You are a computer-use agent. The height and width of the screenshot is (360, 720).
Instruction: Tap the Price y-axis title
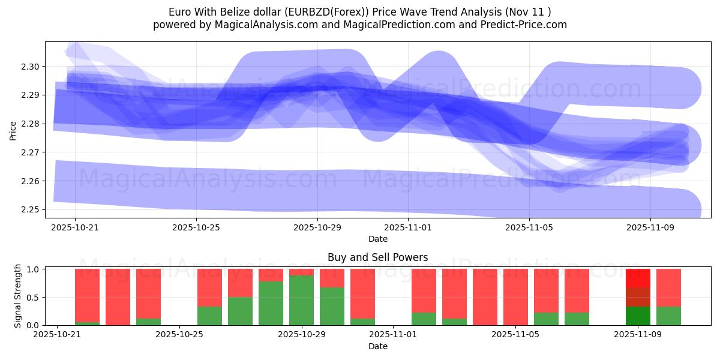(13, 130)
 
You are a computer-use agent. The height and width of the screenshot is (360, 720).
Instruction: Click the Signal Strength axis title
(18, 296)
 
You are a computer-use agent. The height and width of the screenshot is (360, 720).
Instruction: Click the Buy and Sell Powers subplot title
(377, 257)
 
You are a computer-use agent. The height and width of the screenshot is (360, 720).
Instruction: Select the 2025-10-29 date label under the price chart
(317, 227)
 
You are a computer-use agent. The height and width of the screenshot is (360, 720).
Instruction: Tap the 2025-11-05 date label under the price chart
(529, 227)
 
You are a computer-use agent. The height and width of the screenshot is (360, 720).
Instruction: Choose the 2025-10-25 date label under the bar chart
(179, 335)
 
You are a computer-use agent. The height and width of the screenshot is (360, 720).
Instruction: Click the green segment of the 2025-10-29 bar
(301, 300)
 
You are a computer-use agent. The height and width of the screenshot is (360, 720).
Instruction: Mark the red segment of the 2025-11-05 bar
(515, 296)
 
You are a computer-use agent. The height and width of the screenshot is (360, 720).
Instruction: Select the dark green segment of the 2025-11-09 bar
(638, 316)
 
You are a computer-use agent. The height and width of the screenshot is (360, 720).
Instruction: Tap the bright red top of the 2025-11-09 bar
(638, 278)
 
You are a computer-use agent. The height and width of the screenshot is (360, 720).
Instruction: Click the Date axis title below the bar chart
(377, 346)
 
